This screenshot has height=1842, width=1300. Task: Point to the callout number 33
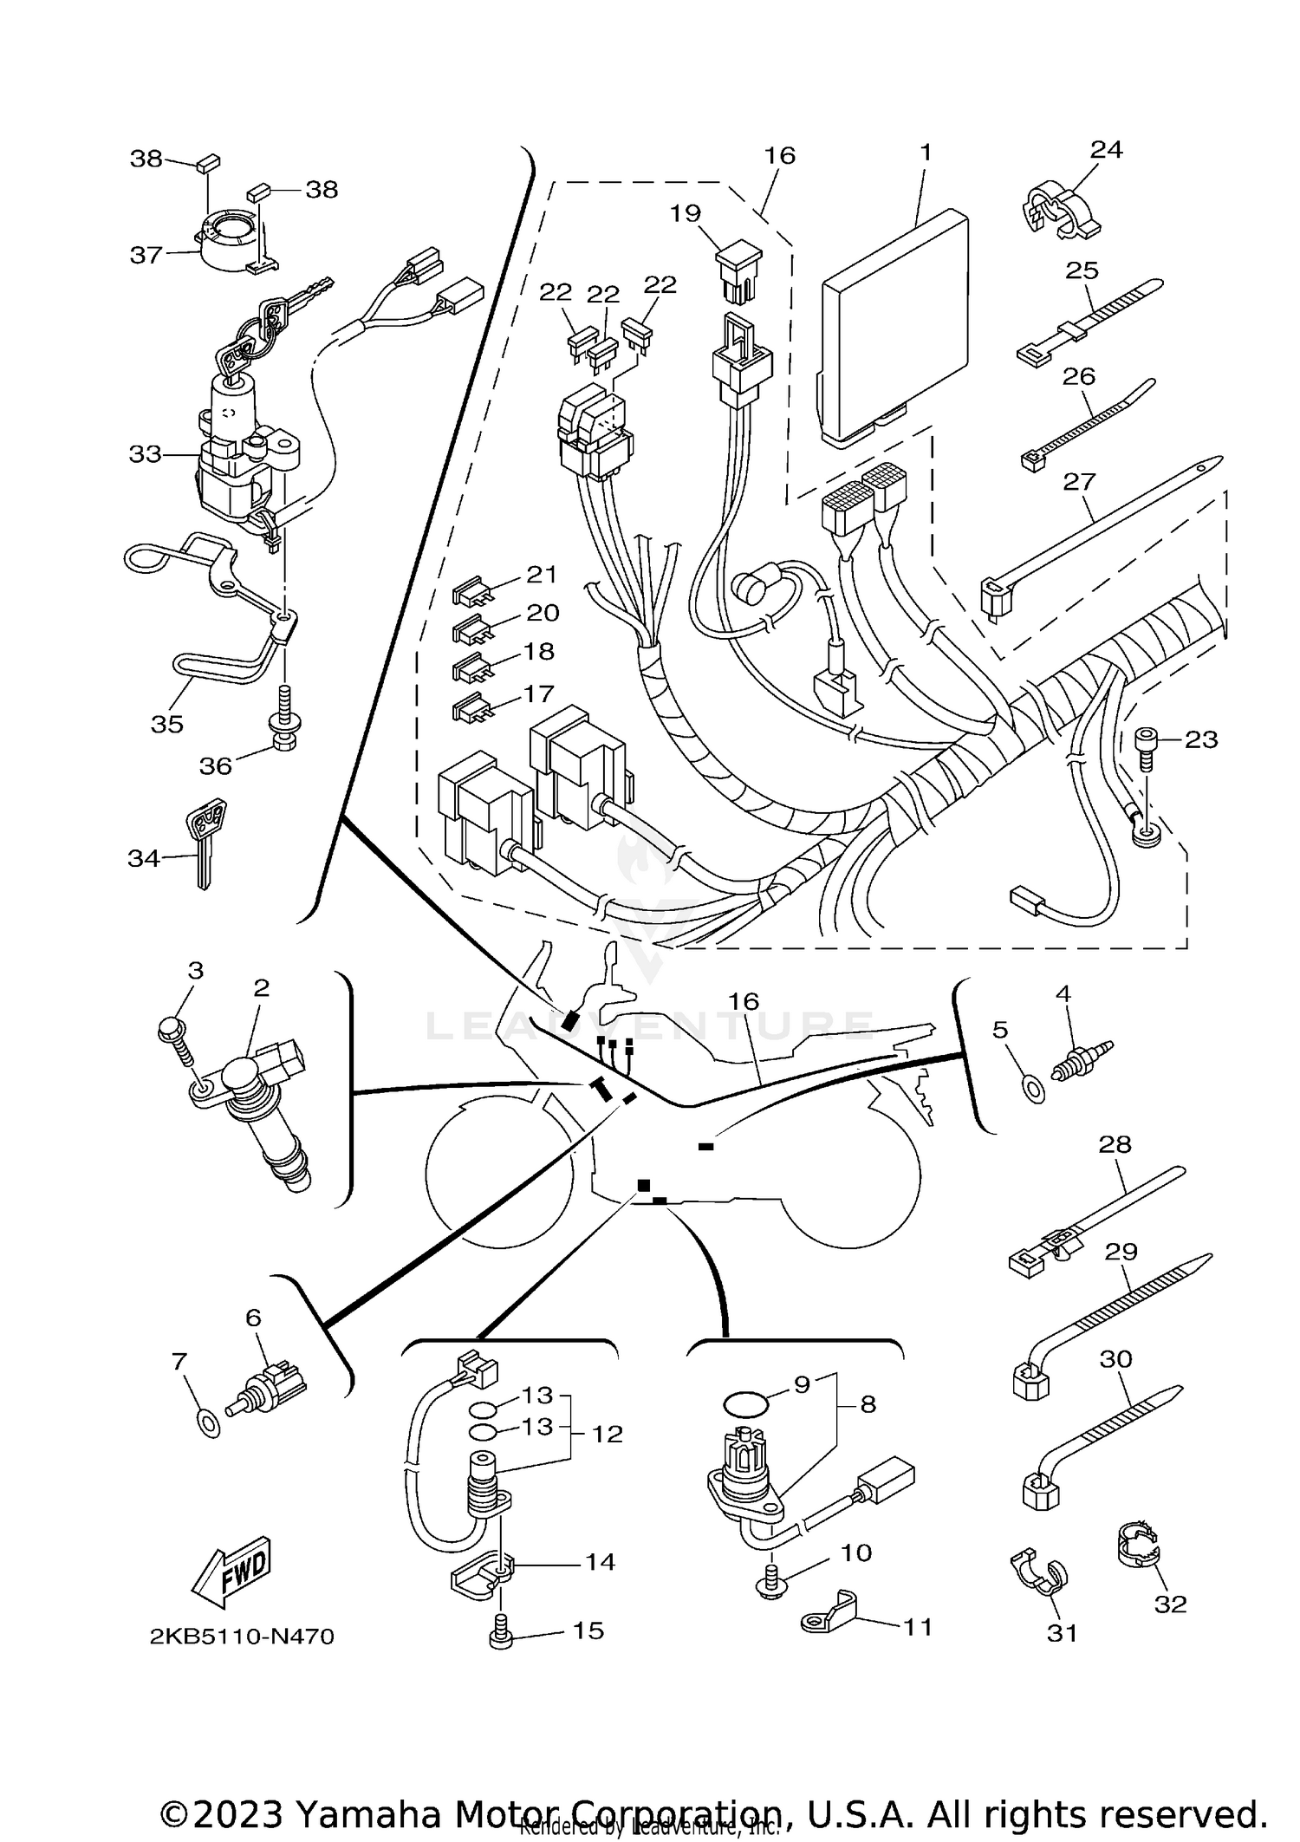(x=145, y=454)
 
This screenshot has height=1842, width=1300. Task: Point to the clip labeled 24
(x=1053, y=212)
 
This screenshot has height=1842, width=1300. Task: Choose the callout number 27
(x=1079, y=481)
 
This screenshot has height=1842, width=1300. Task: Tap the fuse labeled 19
(x=738, y=270)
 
